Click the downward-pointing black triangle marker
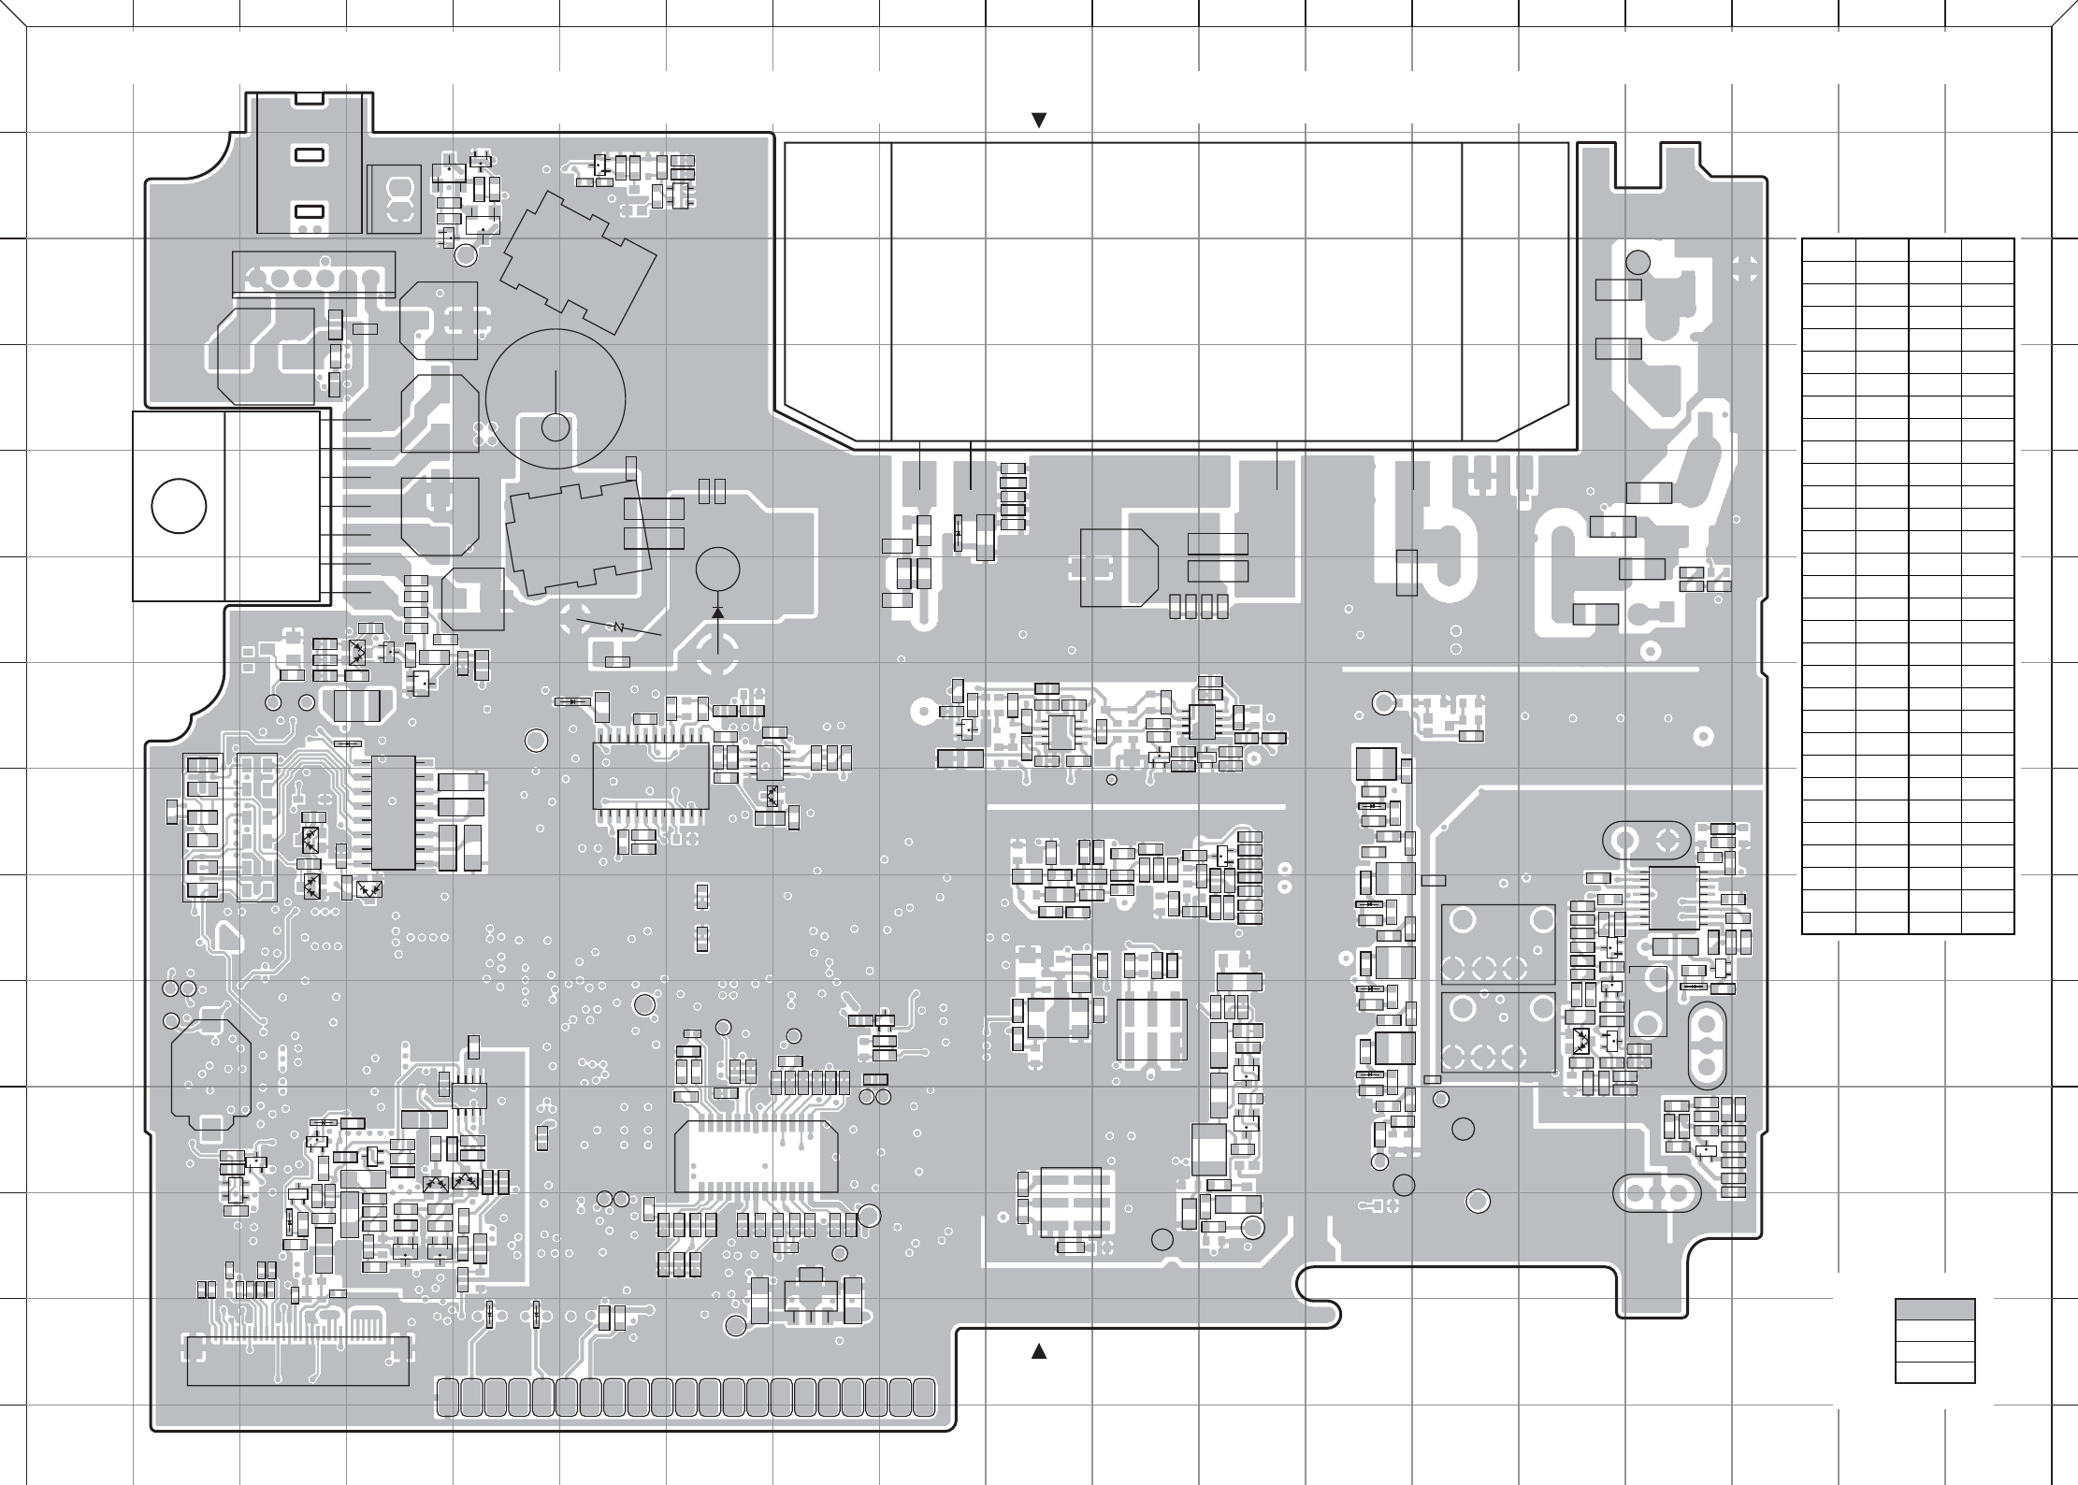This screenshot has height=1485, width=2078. [1037, 120]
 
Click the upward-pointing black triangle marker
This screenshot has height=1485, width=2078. [1037, 1352]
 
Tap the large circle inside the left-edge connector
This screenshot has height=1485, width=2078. [179, 506]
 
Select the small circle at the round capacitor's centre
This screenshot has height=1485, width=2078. [556, 427]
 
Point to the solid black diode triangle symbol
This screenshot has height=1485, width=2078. [717, 612]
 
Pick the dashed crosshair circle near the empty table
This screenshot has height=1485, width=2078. [1743, 269]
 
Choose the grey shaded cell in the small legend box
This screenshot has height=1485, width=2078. [1935, 1310]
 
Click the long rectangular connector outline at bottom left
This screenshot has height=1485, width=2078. [298, 1362]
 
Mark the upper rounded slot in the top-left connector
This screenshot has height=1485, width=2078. [309, 155]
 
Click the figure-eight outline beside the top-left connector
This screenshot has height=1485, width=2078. [396, 199]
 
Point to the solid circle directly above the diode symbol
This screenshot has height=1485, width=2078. [718, 569]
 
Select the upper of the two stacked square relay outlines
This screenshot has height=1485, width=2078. [1498, 944]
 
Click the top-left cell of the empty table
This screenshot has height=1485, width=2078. [1828, 250]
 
